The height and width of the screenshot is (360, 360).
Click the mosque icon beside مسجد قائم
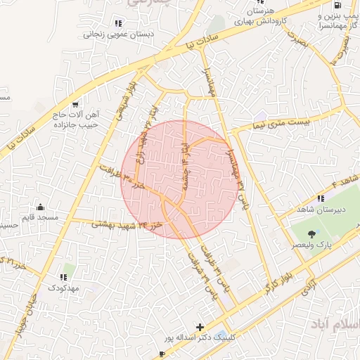(x=40, y=207)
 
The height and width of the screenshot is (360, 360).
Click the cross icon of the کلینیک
(x=200, y=327)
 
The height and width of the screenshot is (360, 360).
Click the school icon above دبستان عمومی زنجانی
(x=117, y=22)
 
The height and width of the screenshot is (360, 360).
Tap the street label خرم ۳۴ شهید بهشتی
(x=124, y=224)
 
